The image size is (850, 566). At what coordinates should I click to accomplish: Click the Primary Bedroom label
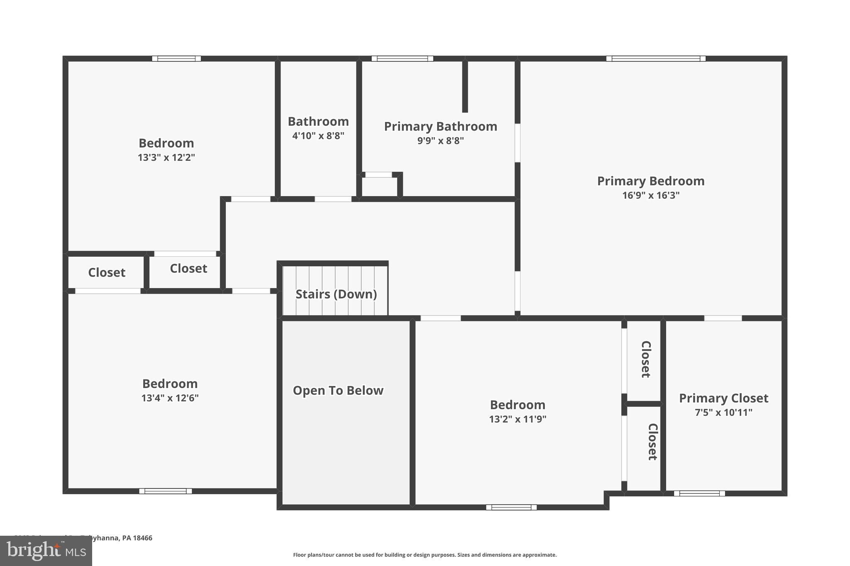[x=650, y=181]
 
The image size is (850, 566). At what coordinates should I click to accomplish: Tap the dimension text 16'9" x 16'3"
[x=650, y=195]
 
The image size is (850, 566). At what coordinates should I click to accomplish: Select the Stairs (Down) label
[x=336, y=294]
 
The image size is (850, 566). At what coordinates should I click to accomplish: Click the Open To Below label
[x=338, y=391]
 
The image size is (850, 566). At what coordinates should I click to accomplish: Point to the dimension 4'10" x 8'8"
[x=318, y=136]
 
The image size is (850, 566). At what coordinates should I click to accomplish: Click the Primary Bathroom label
[x=440, y=126]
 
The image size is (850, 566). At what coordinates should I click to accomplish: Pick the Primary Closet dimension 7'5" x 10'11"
[x=723, y=413]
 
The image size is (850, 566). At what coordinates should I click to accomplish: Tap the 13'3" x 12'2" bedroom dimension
[x=166, y=158]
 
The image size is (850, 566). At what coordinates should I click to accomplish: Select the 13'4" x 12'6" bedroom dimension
[x=170, y=398]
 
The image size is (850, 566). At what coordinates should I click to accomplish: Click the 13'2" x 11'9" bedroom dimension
[x=517, y=419]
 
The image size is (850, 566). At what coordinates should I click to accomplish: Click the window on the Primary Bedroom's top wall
[x=655, y=58]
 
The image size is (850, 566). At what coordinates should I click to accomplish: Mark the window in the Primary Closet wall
[x=699, y=493]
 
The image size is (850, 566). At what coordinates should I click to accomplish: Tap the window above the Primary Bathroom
[x=402, y=58]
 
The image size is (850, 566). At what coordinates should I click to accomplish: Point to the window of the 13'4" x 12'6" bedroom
[x=165, y=491]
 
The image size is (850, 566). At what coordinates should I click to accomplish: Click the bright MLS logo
[x=46, y=551]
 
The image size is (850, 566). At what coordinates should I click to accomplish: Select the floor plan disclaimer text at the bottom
[x=425, y=555]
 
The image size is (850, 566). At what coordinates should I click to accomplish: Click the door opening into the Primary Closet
[x=723, y=318]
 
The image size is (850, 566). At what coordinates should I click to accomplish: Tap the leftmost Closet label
[x=107, y=273]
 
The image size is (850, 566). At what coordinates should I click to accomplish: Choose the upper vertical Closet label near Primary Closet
[x=646, y=360]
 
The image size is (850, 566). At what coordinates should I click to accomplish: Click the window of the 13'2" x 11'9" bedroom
[x=511, y=507]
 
